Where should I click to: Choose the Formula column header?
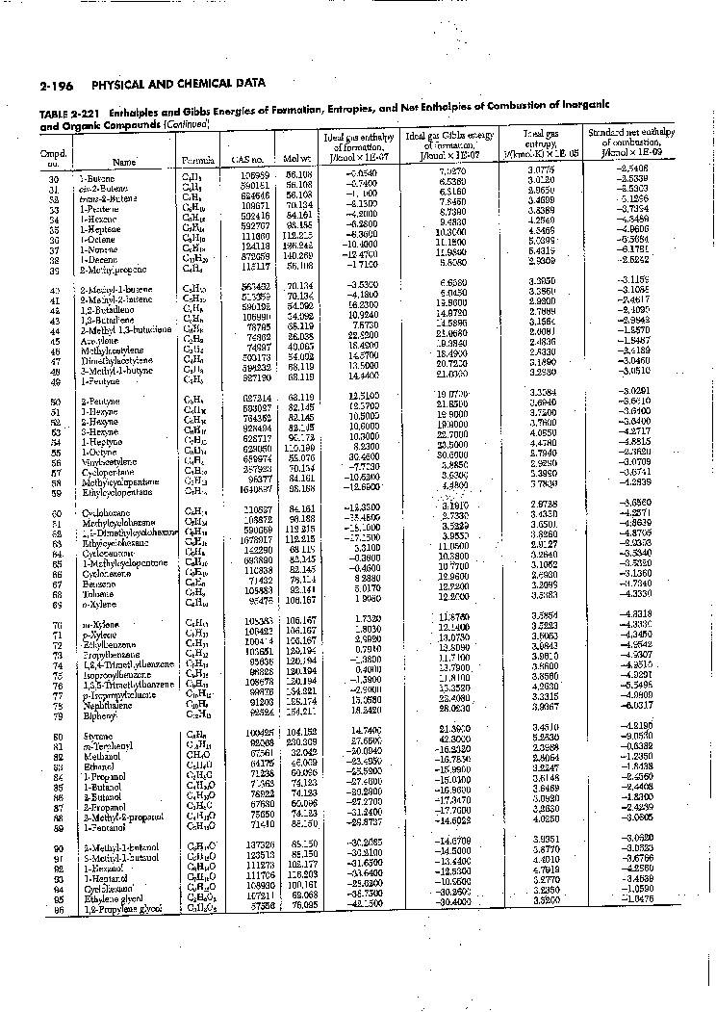(192, 160)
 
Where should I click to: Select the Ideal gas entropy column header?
(540, 143)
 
